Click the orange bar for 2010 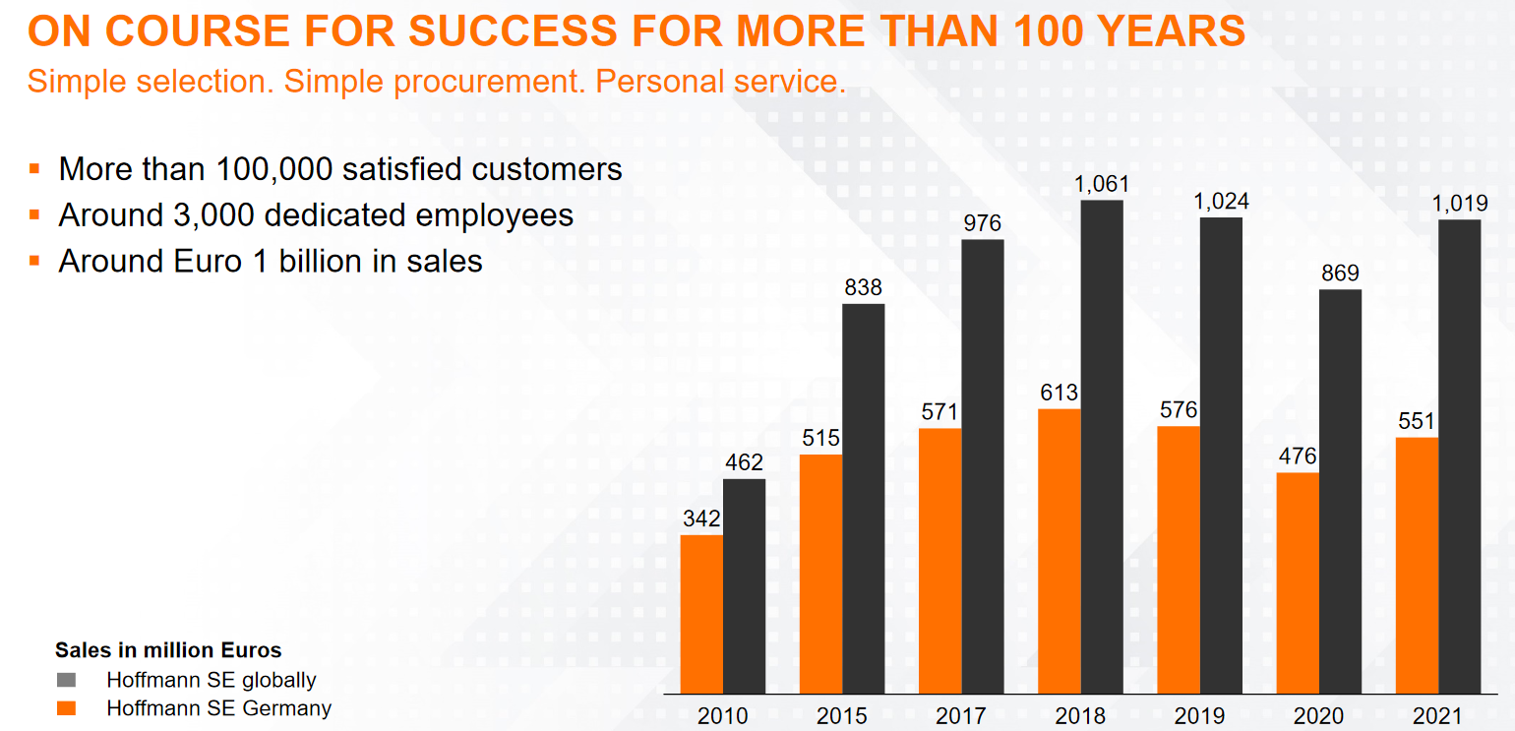701,614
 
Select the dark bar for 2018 1102,447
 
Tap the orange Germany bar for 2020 1297,582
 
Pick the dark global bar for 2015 863,498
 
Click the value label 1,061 1102,184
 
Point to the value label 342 701,518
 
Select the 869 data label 1340,273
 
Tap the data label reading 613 1060,393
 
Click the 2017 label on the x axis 961,715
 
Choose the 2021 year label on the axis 1437,715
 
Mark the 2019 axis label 1199,715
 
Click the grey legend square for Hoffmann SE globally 66,680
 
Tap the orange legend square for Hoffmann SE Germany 66,708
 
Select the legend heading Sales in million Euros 168,650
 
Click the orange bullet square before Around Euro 34,261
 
